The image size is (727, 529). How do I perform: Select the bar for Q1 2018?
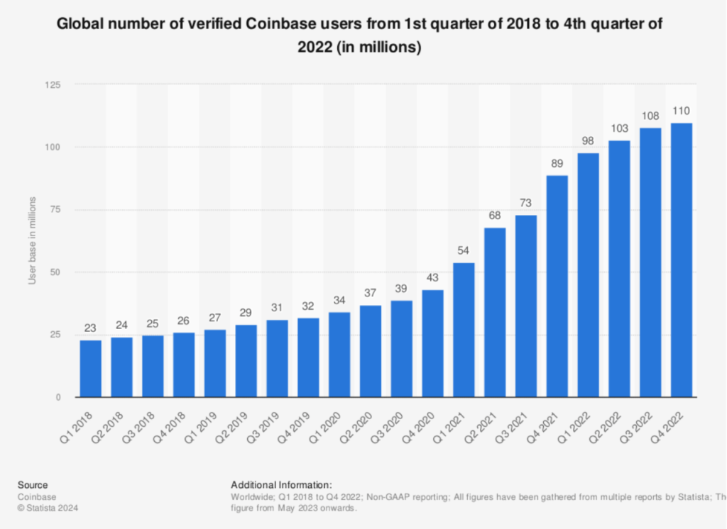[90, 368]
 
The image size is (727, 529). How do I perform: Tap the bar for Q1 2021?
[464, 330]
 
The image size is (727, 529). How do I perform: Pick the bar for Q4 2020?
[432, 343]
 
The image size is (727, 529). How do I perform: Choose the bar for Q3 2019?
[277, 358]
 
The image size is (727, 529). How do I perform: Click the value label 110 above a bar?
[682, 111]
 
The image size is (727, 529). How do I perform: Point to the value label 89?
[557, 164]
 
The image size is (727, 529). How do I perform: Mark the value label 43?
[432, 278]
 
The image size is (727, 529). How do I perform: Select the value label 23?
[90, 328]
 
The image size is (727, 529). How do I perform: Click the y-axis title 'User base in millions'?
[32, 241]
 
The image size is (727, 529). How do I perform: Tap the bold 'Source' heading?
[33, 485]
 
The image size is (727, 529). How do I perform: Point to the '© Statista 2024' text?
[48, 508]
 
